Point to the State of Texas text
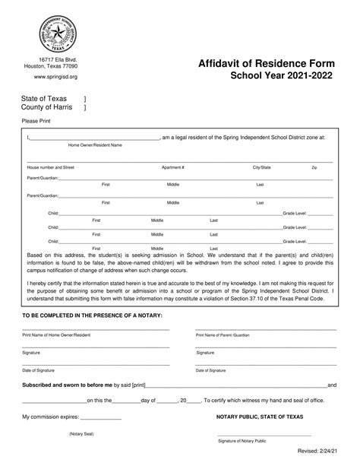[44, 99]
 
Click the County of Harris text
[47, 108]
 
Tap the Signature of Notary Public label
[242, 442]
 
